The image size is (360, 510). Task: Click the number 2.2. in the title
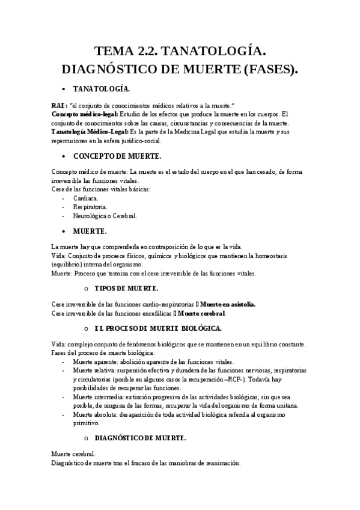[148, 52]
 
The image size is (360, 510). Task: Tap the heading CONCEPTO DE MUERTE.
[117, 156]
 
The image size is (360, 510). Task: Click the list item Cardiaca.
[86, 198]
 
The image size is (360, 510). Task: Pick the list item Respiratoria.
[90, 206]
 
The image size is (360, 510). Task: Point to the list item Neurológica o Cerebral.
[105, 215]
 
